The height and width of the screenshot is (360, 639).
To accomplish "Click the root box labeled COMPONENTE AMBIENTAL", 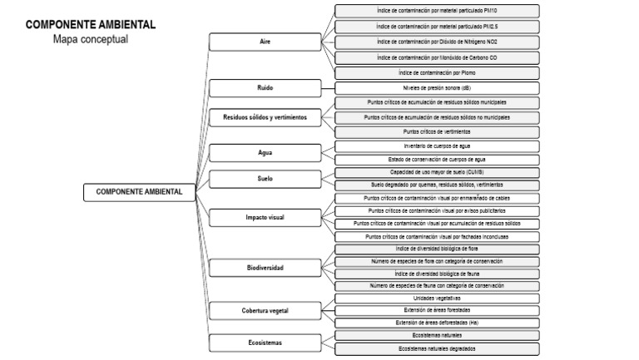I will pos(139,192).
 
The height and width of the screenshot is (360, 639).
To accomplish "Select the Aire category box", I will pos(265,41).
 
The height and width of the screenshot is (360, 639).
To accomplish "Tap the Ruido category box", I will pos(265,87).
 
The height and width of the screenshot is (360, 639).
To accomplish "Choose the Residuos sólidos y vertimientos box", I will pos(265,117).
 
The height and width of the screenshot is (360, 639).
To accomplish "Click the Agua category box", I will pos(265,153).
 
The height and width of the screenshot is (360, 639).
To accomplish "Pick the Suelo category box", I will pos(265,178).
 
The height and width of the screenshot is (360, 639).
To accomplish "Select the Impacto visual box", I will pos(265,217).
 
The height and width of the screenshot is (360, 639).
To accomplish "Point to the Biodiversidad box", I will pos(265,268).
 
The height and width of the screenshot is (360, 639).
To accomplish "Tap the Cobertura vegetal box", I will pos(265,310).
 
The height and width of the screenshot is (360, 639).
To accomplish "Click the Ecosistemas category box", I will pos(265,342).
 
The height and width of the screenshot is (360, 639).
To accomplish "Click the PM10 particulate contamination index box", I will pos(436,11).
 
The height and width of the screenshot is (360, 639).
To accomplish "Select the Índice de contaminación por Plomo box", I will pos(436,72).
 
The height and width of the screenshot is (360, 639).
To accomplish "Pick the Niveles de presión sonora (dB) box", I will pos(436,87).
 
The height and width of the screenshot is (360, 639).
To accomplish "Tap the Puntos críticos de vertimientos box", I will pos(436,131).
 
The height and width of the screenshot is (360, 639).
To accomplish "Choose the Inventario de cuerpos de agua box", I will pos(436,146).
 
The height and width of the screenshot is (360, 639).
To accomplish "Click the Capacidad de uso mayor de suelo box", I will pos(436,172).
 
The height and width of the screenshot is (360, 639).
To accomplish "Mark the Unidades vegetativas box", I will pos(436,298).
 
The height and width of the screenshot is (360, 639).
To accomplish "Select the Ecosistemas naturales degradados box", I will pos(436,348).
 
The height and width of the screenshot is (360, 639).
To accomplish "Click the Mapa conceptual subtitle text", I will pos(91,39).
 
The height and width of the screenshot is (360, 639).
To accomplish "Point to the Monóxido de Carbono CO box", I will pos(436,57).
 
